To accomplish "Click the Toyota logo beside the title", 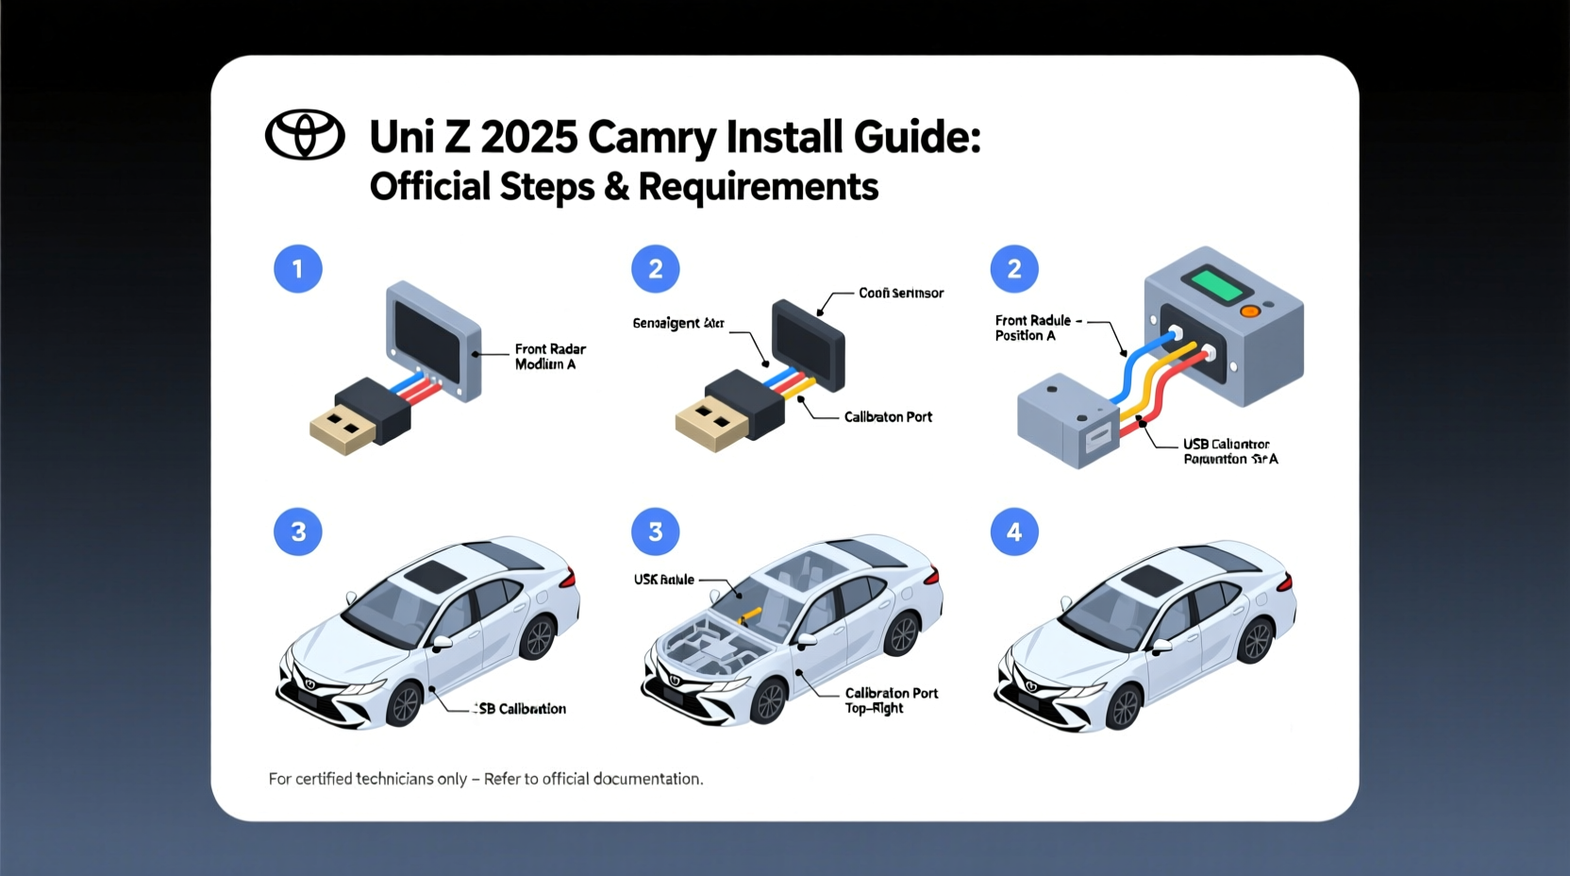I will click(x=305, y=135).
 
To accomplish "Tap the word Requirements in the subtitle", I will click(x=758, y=187).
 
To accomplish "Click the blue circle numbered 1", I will click(x=298, y=269).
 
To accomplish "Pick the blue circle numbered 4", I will click(x=1014, y=532).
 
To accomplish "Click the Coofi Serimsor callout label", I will click(x=900, y=294).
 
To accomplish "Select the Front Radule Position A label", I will click(x=1033, y=328).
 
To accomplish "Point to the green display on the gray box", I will click(x=1217, y=284).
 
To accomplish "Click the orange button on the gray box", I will click(x=1250, y=311).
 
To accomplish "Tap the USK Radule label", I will click(x=664, y=580).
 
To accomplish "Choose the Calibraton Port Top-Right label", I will click(x=891, y=700).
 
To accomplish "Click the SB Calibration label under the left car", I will click(x=522, y=709).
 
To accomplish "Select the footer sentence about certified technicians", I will click(x=485, y=779).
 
